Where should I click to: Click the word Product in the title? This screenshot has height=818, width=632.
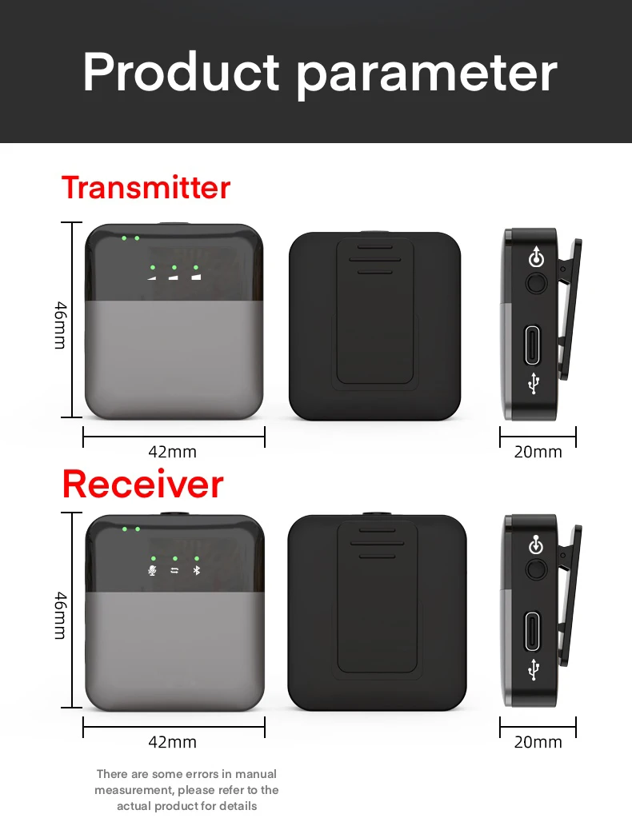pos(181,72)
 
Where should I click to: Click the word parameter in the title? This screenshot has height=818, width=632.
pos(427,76)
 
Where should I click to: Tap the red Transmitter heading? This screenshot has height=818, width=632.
pos(146,188)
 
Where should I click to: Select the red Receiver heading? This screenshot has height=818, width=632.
pos(143,484)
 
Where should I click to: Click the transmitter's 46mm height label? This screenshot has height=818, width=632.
pos(61,325)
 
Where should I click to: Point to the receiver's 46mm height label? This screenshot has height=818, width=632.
pos(61,615)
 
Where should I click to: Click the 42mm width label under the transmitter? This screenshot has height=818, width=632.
pos(172,452)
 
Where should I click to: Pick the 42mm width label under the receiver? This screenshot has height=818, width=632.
pos(172,742)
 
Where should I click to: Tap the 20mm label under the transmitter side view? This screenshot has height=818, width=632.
pos(538,452)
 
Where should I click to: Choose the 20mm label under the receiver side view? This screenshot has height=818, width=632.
pos(538,742)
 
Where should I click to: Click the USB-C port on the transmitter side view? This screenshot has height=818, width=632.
pos(532,345)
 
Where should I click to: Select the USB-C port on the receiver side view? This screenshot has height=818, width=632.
pos(532,632)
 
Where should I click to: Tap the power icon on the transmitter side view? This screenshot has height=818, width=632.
pos(536,257)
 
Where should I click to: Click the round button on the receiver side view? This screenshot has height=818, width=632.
pos(536,569)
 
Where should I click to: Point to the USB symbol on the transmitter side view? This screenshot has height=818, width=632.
pos(534,384)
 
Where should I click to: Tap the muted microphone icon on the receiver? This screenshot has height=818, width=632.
pos(152,571)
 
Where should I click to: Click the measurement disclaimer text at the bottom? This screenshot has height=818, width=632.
pos(186,790)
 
